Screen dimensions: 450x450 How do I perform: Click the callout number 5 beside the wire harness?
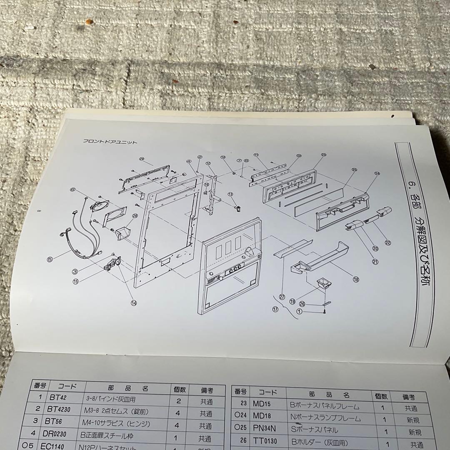pyautogui.click(x=50, y=259)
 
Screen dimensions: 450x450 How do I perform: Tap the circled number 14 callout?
pyautogui.click(x=134, y=303)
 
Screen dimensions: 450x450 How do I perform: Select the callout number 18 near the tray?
pyautogui.click(x=355, y=280)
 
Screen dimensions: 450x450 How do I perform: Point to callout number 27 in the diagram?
pyautogui.click(x=282, y=297)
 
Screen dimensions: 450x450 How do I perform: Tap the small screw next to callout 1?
pyautogui.click(x=324, y=311)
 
